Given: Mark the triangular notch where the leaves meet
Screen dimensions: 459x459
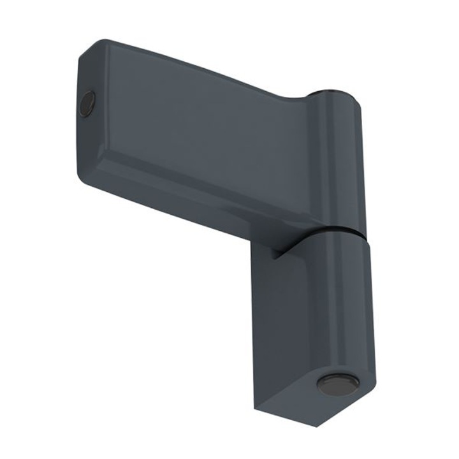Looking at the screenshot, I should [x=275, y=254].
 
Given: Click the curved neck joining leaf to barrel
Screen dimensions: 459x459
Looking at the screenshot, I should [x=300, y=102].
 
